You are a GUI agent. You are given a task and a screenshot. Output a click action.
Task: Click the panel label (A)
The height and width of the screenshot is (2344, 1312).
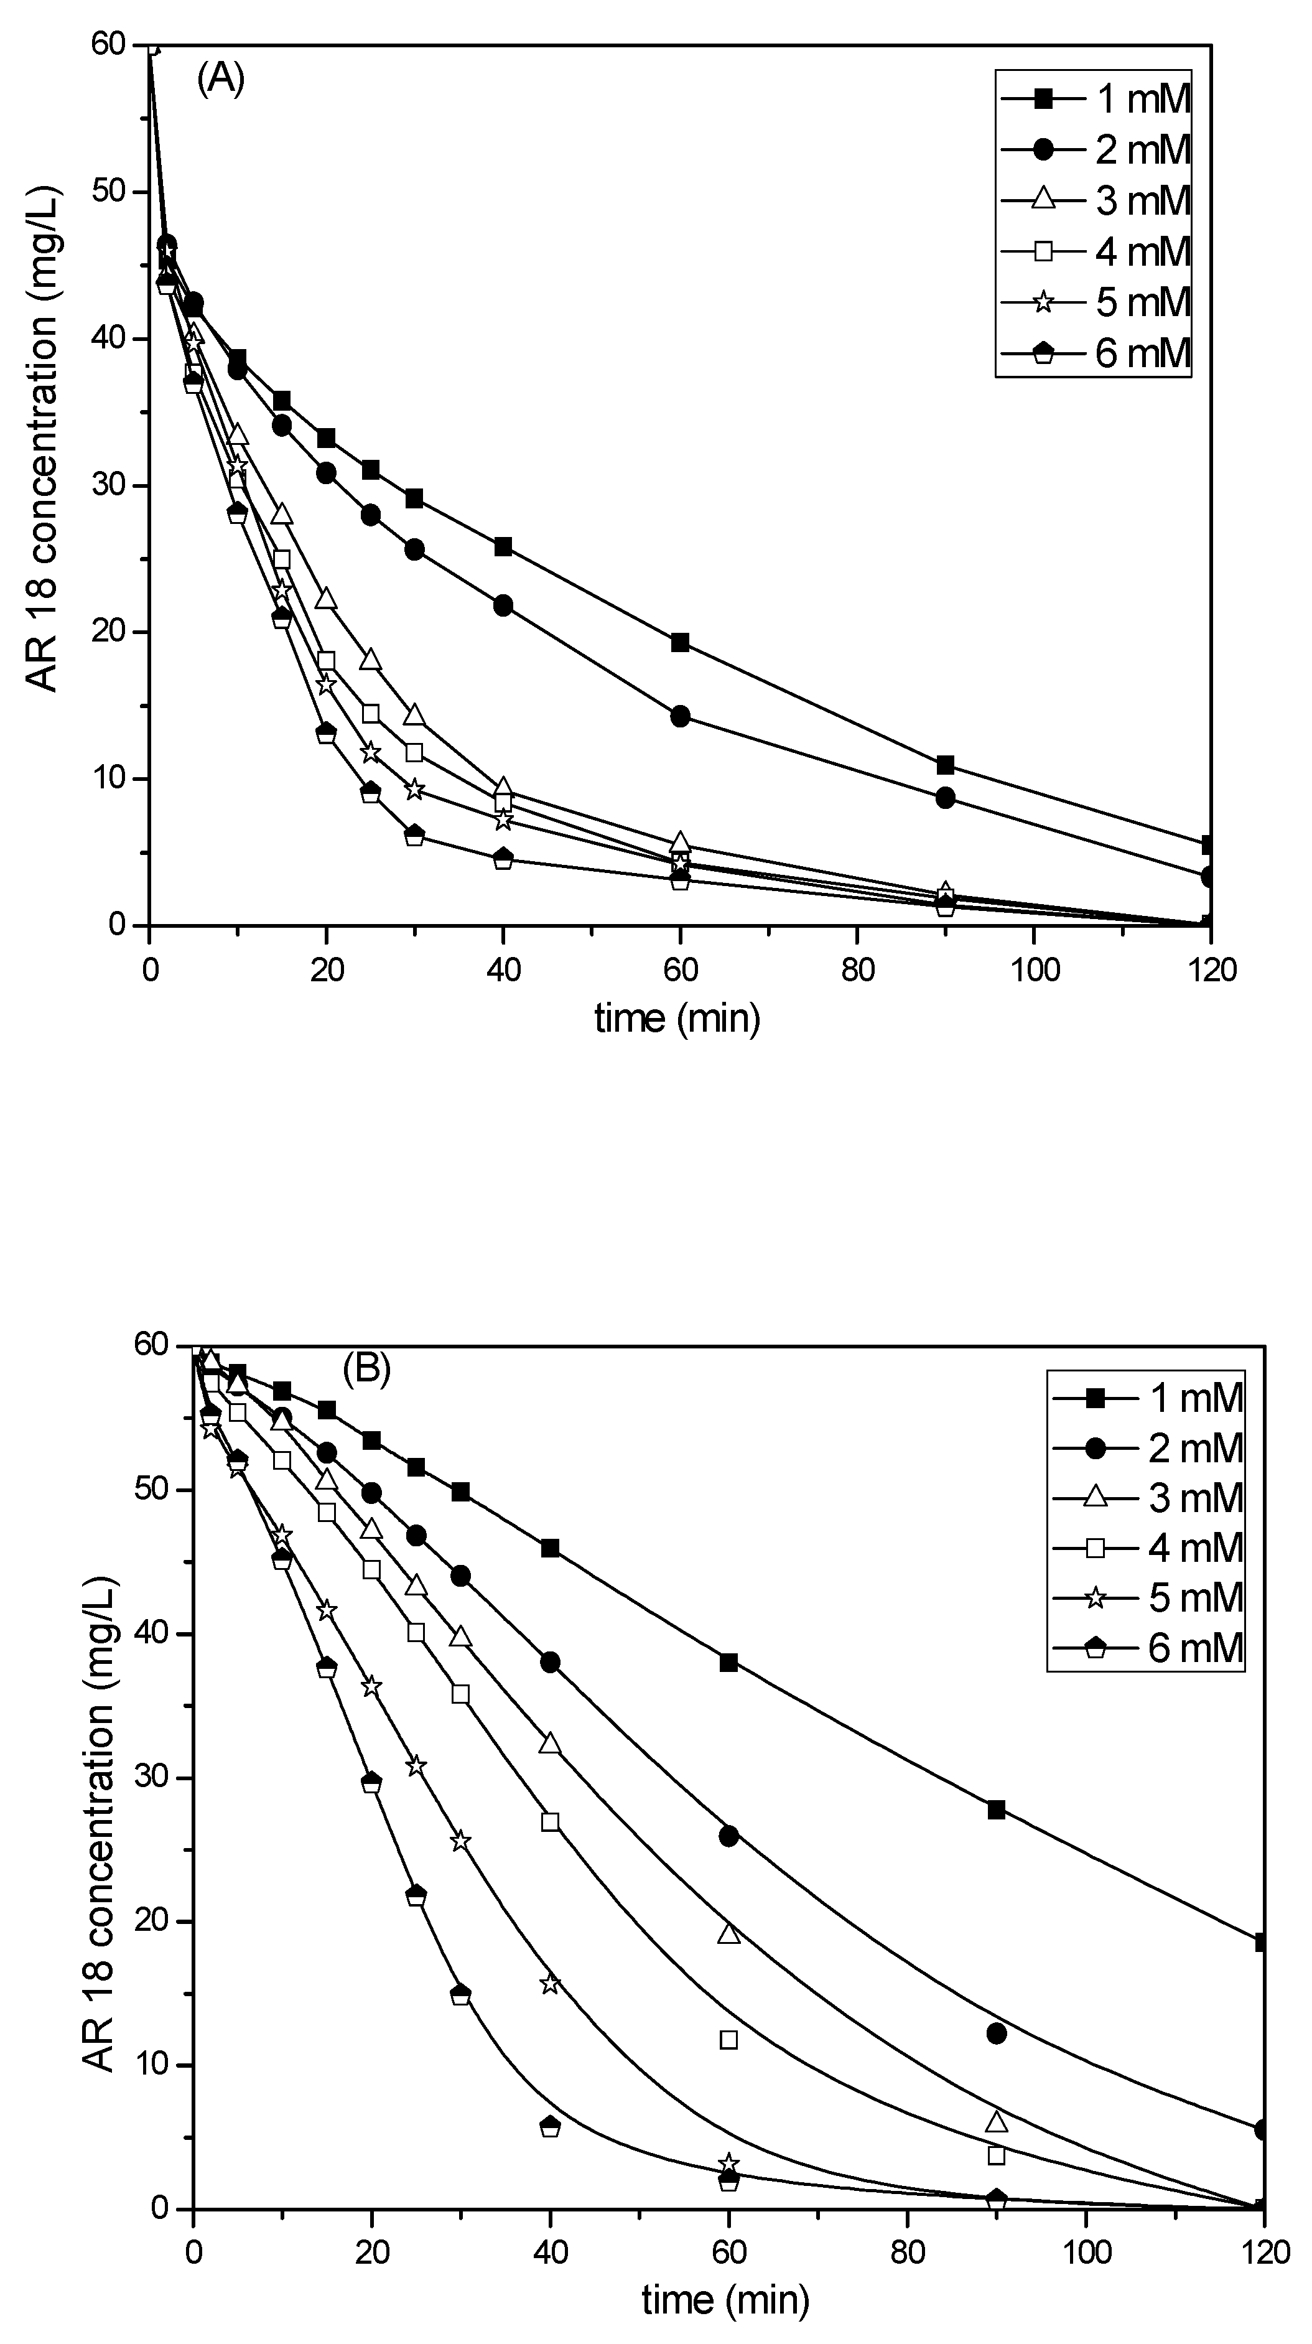(220, 80)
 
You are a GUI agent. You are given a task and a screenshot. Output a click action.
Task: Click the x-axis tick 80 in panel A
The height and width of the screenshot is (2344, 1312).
(857, 971)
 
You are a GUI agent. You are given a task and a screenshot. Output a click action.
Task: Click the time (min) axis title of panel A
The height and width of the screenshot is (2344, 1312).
(678, 1018)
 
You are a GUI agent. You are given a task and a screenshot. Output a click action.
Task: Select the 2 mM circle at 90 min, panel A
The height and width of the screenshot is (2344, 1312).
(946, 798)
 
